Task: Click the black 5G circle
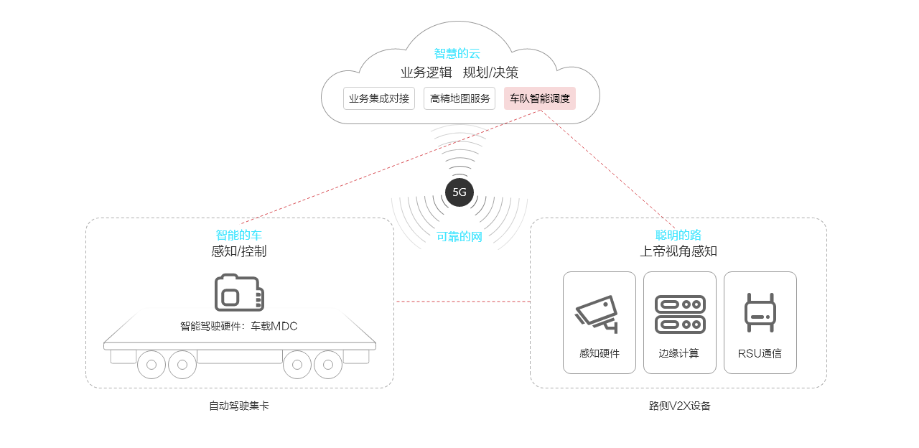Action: (459, 192)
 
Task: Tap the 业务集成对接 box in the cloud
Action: (379, 98)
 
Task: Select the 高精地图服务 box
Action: (459, 98)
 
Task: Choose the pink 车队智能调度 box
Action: (540, 98)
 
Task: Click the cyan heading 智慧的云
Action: (457, 53)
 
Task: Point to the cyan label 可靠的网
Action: (459, 236)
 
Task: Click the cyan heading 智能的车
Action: (239, 235)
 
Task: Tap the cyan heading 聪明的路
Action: (678, 235)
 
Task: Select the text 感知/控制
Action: (239, 251)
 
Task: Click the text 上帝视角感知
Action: (678, 251)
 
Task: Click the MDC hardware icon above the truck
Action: (239, 292)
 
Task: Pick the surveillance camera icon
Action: (597, 314)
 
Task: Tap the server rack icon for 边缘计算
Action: (680, 314)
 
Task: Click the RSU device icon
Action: (760, 313)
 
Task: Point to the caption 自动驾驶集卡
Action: (239, 406)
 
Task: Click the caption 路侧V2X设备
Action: (679, 406)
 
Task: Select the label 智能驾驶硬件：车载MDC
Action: (238, 327)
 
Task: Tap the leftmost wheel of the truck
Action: (151, 365)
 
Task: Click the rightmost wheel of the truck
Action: (328, 365)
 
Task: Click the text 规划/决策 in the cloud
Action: (490, 73)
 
